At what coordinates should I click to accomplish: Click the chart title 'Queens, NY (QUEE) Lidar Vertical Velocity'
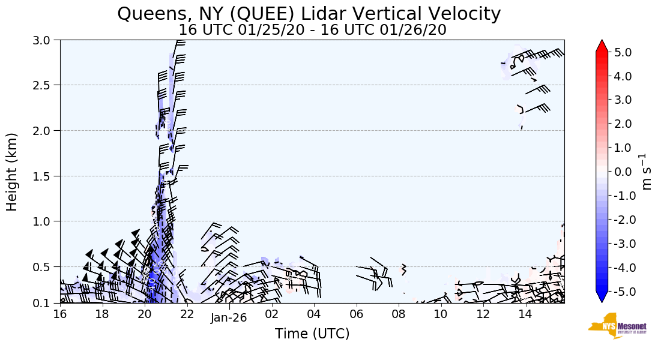[309, 13]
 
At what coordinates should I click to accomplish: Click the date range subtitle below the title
[312, 29]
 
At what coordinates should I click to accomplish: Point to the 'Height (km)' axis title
[12, 172]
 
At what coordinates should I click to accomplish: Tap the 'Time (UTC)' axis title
[312, 334]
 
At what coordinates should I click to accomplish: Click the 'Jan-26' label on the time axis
[229, 318]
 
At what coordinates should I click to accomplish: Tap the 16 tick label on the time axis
[60, 314]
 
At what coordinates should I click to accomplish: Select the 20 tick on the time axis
[145, 314]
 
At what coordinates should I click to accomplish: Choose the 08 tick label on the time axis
[399, 314]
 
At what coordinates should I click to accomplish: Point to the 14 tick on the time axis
[525, 314]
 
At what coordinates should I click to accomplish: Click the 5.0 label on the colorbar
[623, 52]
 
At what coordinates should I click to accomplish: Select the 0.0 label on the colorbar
[623, 172]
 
